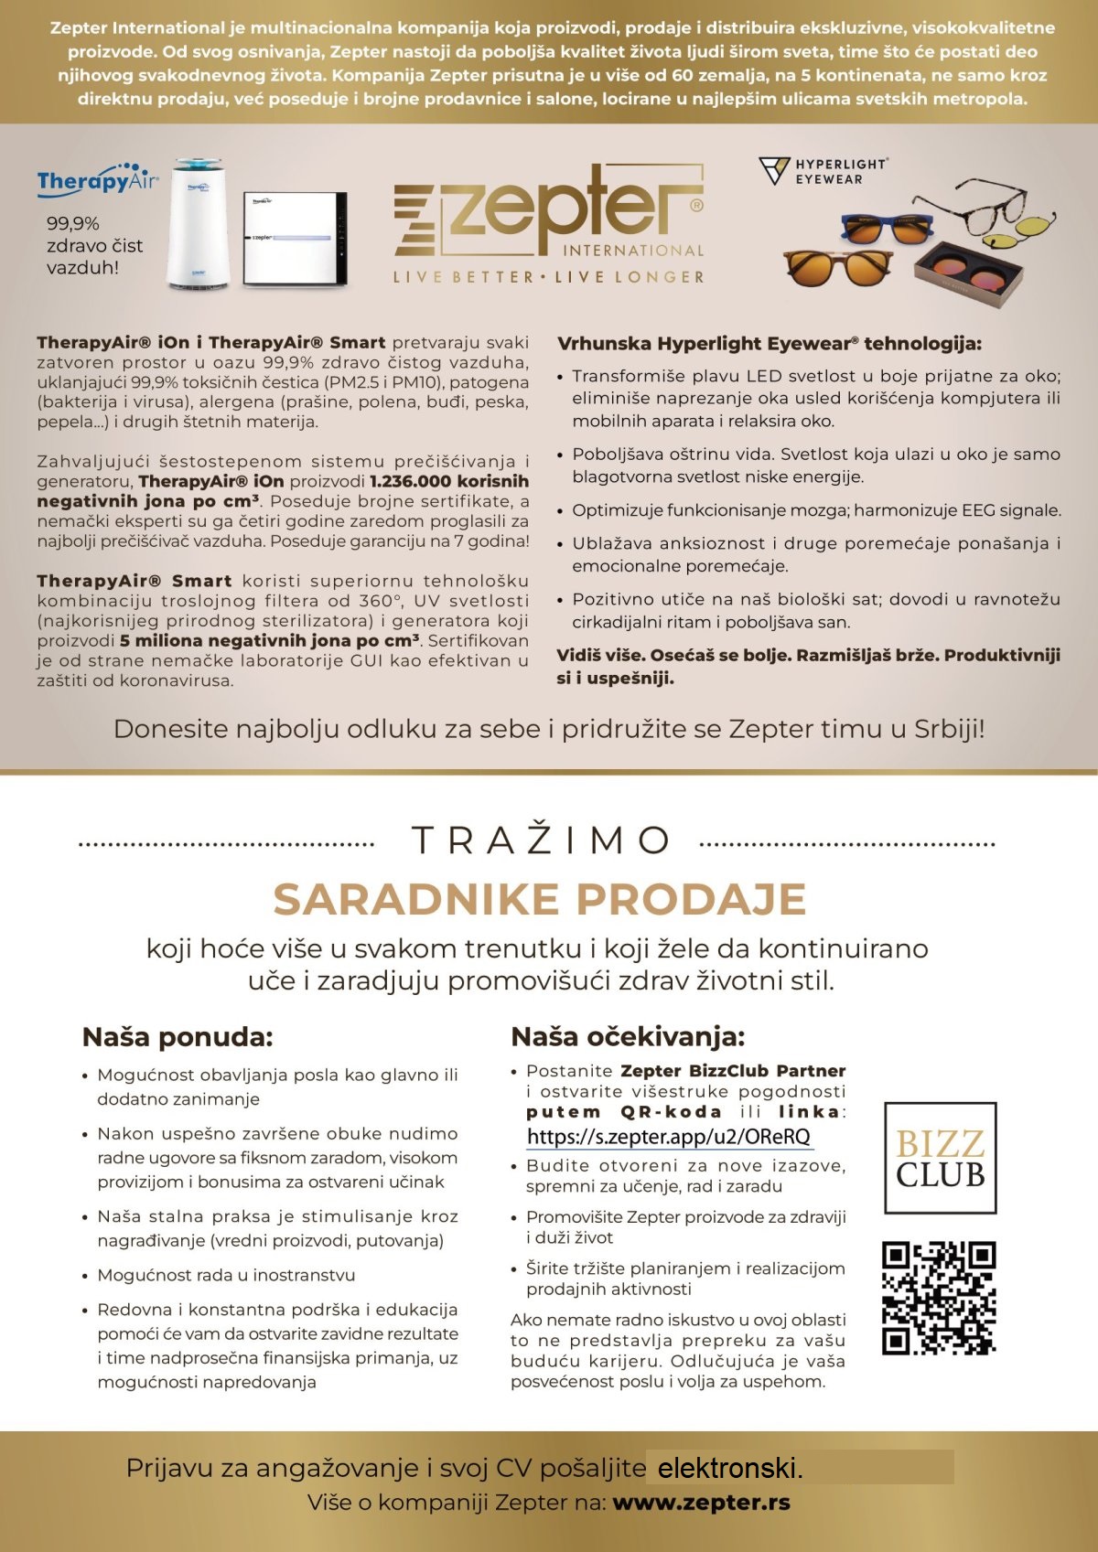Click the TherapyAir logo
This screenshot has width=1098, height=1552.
point(97,179)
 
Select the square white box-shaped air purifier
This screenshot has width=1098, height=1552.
point(295,240)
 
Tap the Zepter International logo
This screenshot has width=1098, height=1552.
point(549,216)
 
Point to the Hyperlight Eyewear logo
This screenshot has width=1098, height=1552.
point(823,171)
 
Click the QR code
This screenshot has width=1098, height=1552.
point(939,1297)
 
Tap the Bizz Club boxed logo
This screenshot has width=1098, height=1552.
point(940,1158)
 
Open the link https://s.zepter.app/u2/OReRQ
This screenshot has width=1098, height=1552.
point(669,1137)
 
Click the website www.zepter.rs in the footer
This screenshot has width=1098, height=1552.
point(701,1503)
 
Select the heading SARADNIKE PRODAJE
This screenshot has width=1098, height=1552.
point(540,899)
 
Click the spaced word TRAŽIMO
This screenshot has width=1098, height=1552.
point(541,840)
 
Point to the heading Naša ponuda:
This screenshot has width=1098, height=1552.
point(178,1037)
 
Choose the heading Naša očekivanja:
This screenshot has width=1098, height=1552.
point(628,1037)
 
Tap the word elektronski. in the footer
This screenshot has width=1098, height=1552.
point(730,1469)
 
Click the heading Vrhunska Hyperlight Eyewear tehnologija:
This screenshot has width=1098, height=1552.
point(769,344)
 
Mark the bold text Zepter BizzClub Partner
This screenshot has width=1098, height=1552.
point(733,1071)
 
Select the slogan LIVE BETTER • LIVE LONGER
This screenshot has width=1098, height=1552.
point(549,277)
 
